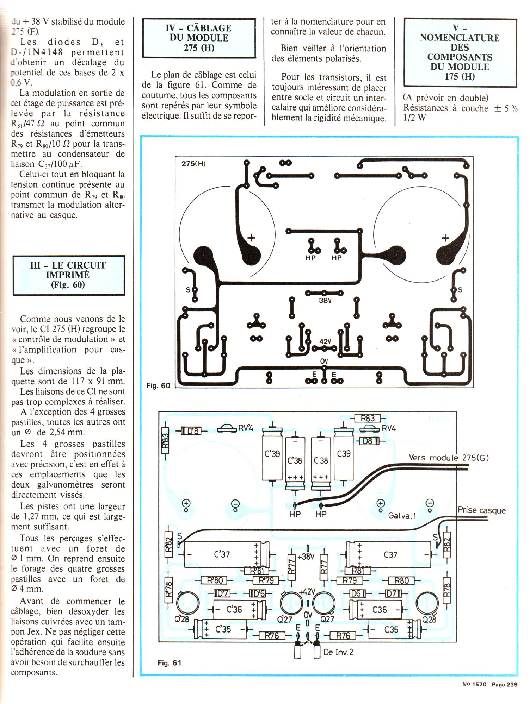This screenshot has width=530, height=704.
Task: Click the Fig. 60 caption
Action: coord(158,385)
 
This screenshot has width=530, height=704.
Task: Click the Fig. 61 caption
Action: coord(170,663)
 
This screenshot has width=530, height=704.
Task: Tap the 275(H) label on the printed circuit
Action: coord(193,164)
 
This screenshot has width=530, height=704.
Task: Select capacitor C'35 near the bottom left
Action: coord(221,629)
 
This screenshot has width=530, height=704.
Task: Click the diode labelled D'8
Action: coord(191,430)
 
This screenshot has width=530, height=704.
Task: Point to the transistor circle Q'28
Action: coord(187,603)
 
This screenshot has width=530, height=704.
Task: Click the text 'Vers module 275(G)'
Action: coord(449,458)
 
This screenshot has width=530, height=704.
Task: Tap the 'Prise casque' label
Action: coord(482,510)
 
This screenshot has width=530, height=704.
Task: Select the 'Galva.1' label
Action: coord(402,516)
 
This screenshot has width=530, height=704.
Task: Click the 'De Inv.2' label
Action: coord(338,652)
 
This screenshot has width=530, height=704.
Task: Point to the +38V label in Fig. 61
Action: coord(306,557)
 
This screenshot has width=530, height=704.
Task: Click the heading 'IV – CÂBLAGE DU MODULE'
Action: coord(199,33)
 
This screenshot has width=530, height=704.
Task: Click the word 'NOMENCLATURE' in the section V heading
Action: coord(460,38)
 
